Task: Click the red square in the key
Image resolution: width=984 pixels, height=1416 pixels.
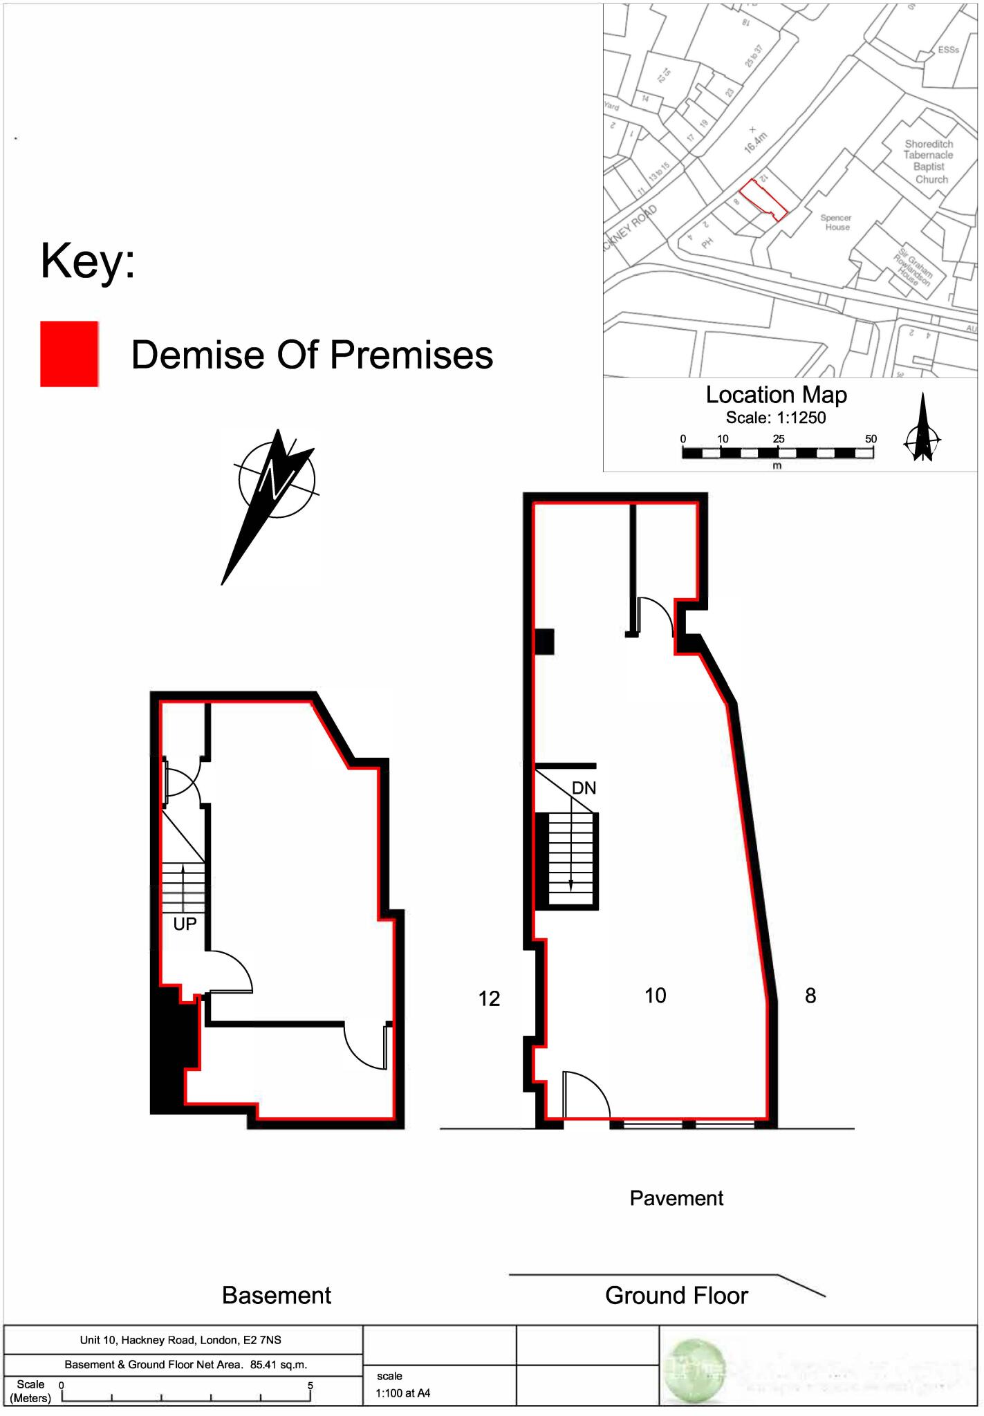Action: click(68, 353)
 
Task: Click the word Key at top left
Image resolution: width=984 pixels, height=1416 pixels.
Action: click(87, 261)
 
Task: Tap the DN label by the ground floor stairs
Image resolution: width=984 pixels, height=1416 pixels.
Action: click(584, 788)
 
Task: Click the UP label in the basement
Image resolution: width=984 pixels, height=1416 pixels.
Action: click(185, 924)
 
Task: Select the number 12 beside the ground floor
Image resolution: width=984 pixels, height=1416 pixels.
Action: click(489, 998)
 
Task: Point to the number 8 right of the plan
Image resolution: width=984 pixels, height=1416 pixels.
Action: click(810, 996)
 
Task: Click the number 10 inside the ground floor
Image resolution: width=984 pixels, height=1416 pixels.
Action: click(655, 996)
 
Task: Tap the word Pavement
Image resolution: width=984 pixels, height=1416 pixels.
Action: click(676, 1198)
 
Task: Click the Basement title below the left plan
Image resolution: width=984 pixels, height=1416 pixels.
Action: click(277, 1295)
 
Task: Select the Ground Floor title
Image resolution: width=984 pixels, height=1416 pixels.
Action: click(676, 1295)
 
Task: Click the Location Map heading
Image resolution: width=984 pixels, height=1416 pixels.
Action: click(776, 395)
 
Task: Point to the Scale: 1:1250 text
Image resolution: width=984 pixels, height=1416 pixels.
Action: click(775, 418)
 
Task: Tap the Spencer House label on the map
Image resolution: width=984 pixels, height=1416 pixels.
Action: click(836, 222)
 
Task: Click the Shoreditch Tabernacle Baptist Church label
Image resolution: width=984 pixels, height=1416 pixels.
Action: click(928, 162)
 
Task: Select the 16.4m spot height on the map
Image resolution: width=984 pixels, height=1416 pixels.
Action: click(756, 142)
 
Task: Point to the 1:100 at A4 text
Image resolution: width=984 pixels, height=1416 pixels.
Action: click(403, 1393)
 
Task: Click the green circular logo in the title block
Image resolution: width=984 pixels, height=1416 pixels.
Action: click(692, 1369)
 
